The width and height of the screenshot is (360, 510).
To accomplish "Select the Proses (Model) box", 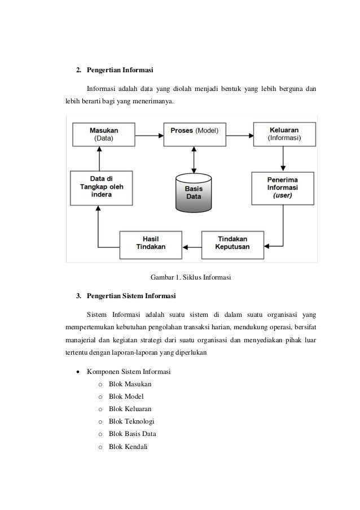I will tap(194, 134).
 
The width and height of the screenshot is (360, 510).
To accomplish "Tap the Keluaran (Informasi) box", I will tap(284, 134).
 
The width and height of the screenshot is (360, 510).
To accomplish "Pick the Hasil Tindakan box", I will tap(151, 243).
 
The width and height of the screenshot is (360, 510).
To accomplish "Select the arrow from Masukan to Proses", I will tap(148, 134).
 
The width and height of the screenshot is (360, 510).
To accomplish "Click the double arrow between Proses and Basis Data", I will tap(194, 159).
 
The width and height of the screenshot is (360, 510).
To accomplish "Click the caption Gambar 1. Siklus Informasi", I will tap(191, 277).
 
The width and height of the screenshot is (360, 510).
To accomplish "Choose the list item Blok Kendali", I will tap(128, 447).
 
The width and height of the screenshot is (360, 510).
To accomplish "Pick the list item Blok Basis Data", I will tap(133, 434).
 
